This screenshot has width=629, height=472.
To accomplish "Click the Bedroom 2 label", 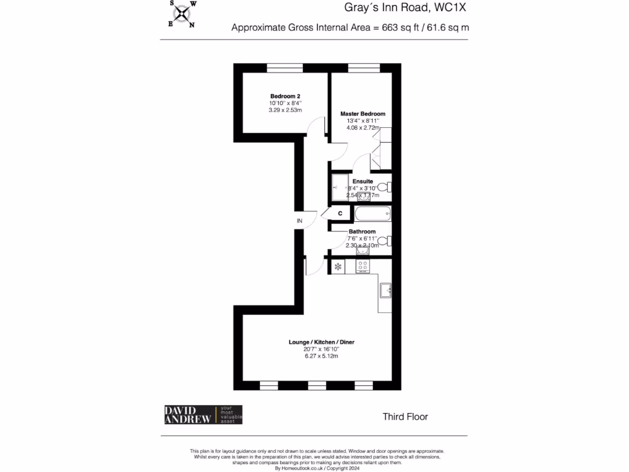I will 285,96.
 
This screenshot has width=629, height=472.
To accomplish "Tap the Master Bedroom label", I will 363,114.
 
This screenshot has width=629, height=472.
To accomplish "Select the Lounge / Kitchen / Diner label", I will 322,342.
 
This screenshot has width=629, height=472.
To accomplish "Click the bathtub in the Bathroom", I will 372,214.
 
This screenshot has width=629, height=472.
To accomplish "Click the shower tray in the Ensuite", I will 340,187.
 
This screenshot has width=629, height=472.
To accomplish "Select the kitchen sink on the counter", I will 385,289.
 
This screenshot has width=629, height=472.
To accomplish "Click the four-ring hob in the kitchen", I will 362,267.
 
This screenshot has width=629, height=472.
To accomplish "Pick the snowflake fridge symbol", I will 338,267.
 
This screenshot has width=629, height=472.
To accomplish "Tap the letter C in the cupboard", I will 340,213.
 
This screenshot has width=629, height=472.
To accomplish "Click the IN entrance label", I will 300,221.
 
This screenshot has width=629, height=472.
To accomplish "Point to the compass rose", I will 182,14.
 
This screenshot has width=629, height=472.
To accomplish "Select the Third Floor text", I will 405,417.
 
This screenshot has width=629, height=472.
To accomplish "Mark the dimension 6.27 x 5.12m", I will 322,356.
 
